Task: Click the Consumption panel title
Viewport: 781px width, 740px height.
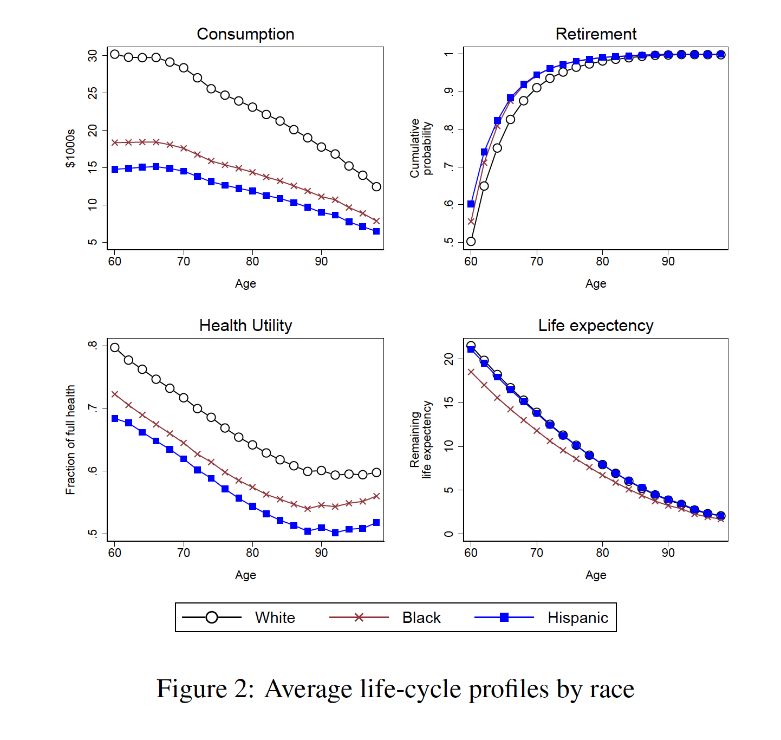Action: click(x=245, y=34)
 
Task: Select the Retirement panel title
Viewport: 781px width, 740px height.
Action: click(x=596, y=34)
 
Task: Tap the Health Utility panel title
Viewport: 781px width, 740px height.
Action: click(x=245, y=326)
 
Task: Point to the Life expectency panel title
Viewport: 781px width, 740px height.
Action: click(x=596, y=326)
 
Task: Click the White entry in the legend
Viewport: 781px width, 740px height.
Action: click(x=275, y=618)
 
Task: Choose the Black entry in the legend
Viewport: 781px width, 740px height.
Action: click(x=421, y=618)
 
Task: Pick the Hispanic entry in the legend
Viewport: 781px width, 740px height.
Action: click(x=577, y=618)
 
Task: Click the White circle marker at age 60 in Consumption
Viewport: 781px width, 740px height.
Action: click(x=115, y=54)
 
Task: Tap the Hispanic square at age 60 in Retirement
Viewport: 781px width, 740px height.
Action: click(x=471, y=204)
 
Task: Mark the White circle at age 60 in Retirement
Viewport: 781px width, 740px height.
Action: click(x=471, y=242)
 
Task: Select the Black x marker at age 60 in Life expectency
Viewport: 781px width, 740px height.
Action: click(x=471, y=372)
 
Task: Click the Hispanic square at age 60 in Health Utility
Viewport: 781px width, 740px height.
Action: click(x=115, y=419)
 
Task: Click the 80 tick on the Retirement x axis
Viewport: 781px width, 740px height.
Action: click(x=602, y=262)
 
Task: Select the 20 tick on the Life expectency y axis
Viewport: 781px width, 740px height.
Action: click(x=449, y=359)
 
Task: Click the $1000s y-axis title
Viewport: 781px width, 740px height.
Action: click(x=70, y=148)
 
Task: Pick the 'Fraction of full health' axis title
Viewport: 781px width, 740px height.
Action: click(x=70, y=440)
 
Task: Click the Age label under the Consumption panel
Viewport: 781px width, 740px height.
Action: click(x=245, y=284)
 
